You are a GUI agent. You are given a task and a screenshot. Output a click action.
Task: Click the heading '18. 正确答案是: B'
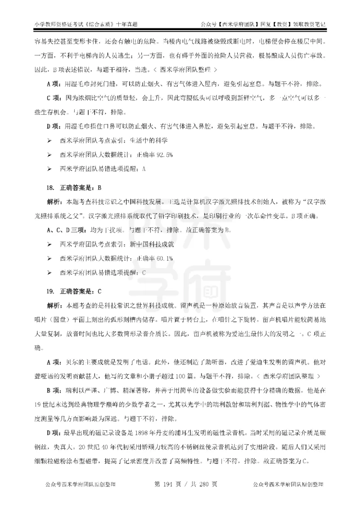pyautogui.click(x=75, y=187)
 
